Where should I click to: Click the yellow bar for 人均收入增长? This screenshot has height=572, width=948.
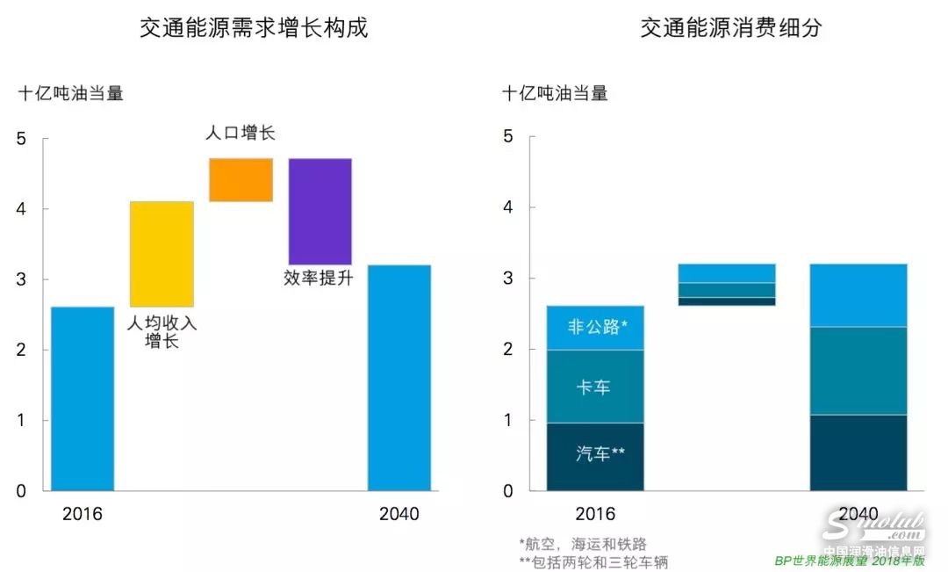point(162,254)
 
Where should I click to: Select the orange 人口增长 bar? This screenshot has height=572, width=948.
point(241,180)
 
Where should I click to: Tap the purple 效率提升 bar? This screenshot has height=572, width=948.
point(320,211)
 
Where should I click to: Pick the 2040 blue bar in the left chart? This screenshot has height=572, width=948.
point(399,377)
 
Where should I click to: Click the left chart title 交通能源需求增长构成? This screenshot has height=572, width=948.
point(254,29)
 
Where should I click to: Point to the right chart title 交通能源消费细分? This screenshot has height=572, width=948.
point(730,29)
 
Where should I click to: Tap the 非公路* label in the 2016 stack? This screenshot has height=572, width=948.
point(597,328)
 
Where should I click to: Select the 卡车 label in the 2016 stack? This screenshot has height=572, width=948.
point(593,387)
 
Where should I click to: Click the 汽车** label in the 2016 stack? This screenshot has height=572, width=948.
point(600,454)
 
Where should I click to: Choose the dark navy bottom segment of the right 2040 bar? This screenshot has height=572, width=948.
point(858,452)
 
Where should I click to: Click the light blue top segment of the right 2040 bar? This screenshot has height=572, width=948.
point(858,295)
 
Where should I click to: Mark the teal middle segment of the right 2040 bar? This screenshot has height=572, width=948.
point(858,370)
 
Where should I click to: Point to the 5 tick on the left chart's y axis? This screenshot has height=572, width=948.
point(22,139)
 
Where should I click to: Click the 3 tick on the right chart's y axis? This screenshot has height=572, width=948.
point(507,279)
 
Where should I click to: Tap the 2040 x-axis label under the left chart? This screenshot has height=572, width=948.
point(399,514)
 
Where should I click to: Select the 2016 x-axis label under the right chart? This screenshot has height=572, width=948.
point(595,514)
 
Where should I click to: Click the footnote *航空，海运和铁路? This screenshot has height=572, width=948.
point(583,544)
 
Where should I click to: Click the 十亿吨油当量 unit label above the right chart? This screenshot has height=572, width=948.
point(555,92)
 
